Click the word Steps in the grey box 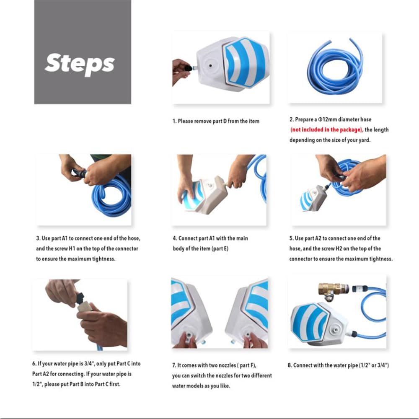[80, 64]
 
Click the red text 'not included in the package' [326, 129]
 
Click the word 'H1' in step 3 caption [72, 248]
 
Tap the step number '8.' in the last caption [290, 365]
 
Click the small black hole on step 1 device [211, 65]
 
